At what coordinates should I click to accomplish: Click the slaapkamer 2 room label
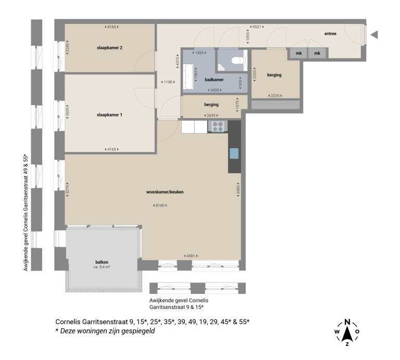coord(109,48)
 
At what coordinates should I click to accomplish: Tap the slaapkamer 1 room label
coord(109,114)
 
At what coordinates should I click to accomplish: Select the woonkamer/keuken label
coord(165,192)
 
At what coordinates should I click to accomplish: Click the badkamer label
coord(214,80)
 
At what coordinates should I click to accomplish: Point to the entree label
coord(330,34)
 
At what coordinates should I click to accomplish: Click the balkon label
coord(102,262)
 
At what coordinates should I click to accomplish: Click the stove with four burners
coord(218,126)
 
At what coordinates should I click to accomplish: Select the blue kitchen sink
coord(234,153)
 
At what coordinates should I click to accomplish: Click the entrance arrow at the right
coord(373,35)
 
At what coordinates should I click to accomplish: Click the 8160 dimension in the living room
coord(160,205)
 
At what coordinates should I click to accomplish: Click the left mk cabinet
coord(298,54)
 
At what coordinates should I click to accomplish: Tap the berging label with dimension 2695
coord(211,105)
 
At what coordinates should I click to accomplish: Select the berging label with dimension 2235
coord(274,75)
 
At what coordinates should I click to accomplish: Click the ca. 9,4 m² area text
coord(102,267)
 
